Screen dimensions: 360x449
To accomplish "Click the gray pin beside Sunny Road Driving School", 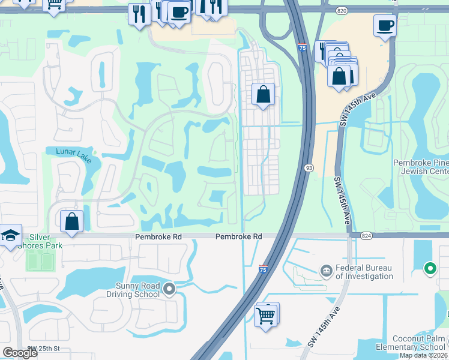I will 170,290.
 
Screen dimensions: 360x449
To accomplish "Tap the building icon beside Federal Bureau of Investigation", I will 327,271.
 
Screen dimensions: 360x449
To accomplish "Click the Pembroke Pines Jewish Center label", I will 421,167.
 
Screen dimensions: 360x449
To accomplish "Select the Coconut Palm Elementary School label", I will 411,343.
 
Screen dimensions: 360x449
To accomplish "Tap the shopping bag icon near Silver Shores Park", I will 72,221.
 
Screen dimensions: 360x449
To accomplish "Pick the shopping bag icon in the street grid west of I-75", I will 263,94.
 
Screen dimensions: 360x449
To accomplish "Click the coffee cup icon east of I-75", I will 385,26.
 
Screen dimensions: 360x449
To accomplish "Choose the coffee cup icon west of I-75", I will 178,12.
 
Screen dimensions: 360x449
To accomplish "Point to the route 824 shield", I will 366,236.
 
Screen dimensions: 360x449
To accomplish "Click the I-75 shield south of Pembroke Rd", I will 263,270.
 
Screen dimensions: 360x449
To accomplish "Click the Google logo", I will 20,352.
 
